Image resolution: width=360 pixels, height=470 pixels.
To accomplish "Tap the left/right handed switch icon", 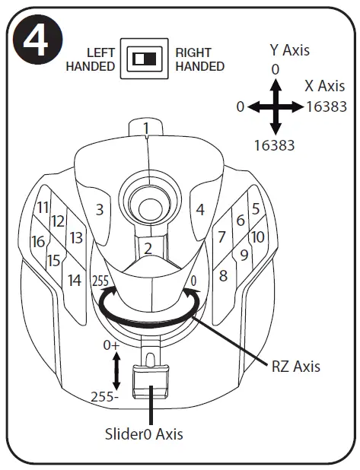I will point(145,59).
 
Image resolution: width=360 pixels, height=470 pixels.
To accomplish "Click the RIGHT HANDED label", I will point(200,59).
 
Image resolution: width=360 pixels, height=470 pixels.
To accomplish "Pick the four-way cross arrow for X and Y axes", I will point(276,107).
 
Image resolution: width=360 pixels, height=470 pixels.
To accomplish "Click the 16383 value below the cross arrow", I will point(276,144).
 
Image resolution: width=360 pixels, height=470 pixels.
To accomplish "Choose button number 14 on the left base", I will point(74,280).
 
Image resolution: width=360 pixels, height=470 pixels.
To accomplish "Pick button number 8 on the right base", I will point(223,275).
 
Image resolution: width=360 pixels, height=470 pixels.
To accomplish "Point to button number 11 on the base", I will point(42,207).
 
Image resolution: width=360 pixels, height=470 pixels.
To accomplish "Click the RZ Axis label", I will point(296,367).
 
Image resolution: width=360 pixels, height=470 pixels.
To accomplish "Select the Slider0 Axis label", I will point(145,435).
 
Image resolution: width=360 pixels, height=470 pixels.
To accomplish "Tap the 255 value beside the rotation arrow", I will point(100,280).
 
